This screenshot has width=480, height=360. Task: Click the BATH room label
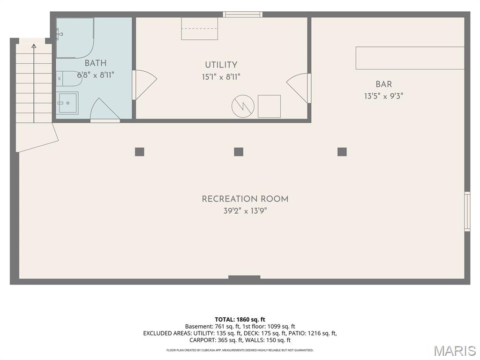(x=96, y=63)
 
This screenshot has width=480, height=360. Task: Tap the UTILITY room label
(x=221, y=65)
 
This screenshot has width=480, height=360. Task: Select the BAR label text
(x=383, y=84)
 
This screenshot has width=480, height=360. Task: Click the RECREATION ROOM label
(x=245, y=199)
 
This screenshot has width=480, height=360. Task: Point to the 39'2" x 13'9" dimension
(x=245, y=211)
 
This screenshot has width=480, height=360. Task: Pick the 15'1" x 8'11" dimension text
(x=221, y=77)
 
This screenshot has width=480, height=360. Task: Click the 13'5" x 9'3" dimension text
(x=383, y=96)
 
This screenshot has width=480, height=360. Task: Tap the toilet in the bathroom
(x=69, y=79)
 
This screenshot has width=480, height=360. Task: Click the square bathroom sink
(x=67, y=103)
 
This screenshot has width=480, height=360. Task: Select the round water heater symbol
(x=243, y=106)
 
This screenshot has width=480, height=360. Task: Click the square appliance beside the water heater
(x=269, y=106)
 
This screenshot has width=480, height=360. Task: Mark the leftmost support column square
(x=140, y=152)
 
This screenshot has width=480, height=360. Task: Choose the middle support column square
(x=239, y=152)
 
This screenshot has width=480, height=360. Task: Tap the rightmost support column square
(x=342, y=152)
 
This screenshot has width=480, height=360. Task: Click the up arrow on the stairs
(x=34, y=82)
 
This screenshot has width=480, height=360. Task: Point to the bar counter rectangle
(x=410, y=58)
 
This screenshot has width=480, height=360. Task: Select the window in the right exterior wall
(x=467, y=211)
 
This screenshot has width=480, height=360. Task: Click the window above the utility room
(x=242, y=15)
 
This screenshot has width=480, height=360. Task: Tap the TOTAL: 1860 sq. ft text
(x=240, y=320)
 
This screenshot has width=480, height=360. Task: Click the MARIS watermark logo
(x=455, y=351)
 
